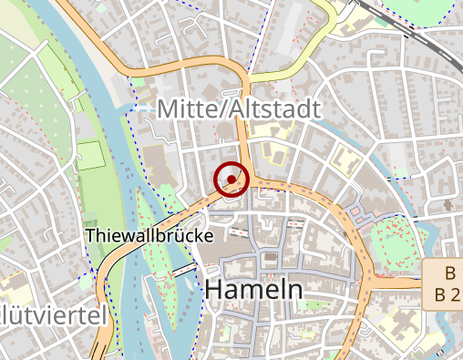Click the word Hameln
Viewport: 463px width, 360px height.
254,289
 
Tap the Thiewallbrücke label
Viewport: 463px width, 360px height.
149,235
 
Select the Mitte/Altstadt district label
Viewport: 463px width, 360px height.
239,109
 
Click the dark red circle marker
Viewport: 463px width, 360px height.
231,179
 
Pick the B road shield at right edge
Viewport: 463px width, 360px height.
444,283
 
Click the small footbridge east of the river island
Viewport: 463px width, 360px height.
185,270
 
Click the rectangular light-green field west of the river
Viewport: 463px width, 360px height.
90,155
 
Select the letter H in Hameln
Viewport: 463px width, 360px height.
216,289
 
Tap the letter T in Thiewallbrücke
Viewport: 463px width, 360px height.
91,235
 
